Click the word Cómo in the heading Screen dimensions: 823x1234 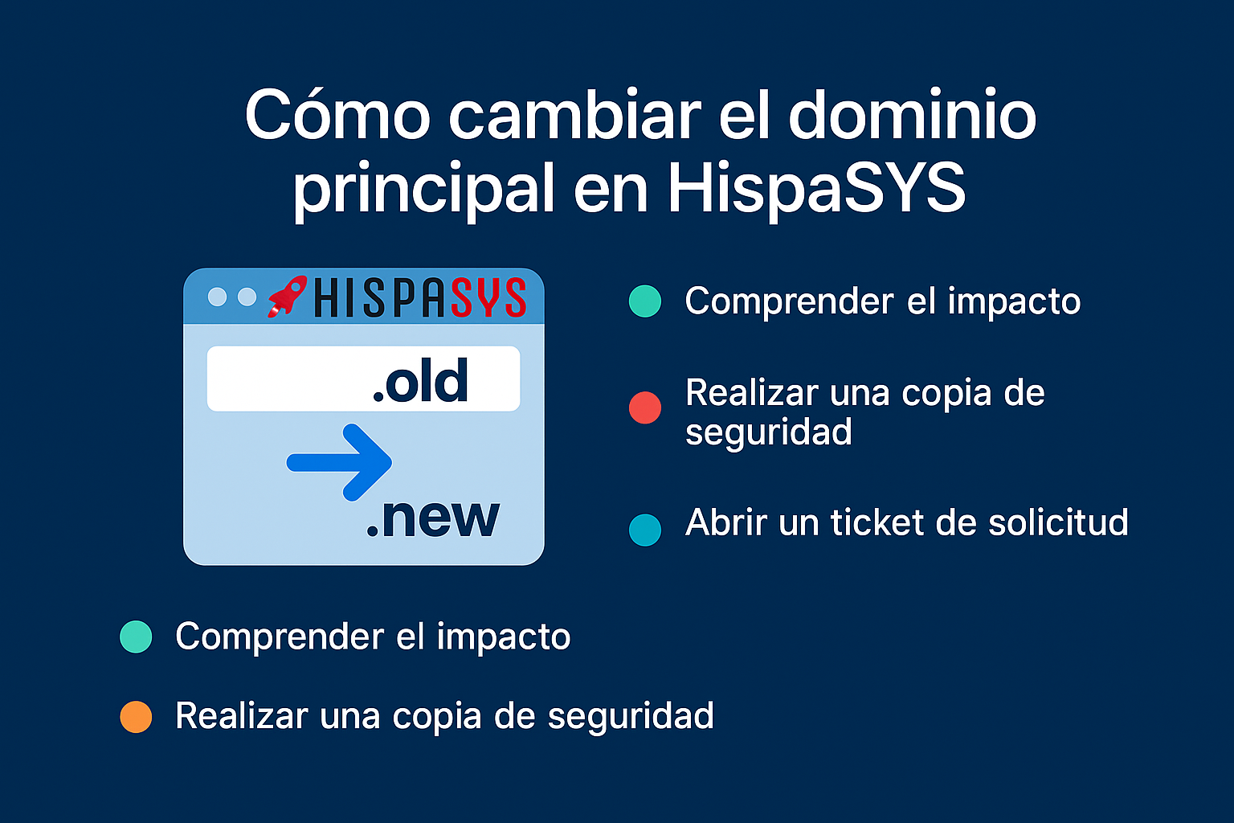(337, 115)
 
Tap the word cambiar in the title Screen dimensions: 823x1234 (574, 115)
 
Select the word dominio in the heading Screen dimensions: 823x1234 (912, 115)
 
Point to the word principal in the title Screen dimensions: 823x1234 (424, 190)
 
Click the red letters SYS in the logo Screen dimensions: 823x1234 (488, 298)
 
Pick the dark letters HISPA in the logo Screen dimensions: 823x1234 (379, 298)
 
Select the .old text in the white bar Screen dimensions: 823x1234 (420, 381)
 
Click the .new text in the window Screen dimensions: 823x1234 (432, 518)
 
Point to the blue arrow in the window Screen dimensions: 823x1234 (341, 462)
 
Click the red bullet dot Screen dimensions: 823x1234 (645, 407)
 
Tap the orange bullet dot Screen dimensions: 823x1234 (136, 716)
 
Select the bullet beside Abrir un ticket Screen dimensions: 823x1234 (645, 530)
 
